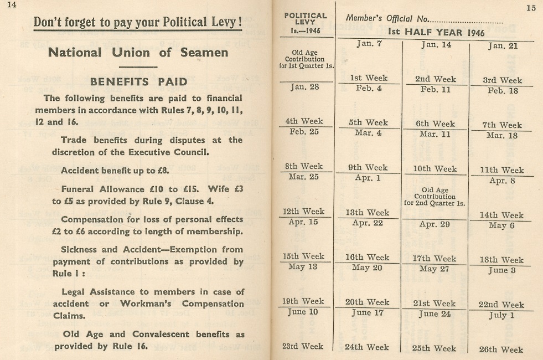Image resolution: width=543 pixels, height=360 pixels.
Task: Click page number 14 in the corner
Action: click(x=12, y=5)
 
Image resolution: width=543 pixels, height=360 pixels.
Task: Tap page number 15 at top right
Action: click(x=531, y=8)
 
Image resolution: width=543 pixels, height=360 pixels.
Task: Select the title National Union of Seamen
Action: click(x=138, y=53)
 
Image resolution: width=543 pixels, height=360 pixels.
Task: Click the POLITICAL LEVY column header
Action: click(x=305, y=19)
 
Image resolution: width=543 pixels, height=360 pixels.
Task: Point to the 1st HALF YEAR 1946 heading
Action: click(x=436, y=32)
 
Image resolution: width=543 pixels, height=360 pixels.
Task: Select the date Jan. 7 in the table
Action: click(x=369, y=44)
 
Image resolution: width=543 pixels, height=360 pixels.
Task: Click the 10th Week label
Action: click(x=436, y=169)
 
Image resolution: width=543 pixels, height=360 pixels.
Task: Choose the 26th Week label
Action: click(x=500, y=349)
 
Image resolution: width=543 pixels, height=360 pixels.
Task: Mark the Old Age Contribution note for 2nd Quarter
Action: click(x=435, y=196)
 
